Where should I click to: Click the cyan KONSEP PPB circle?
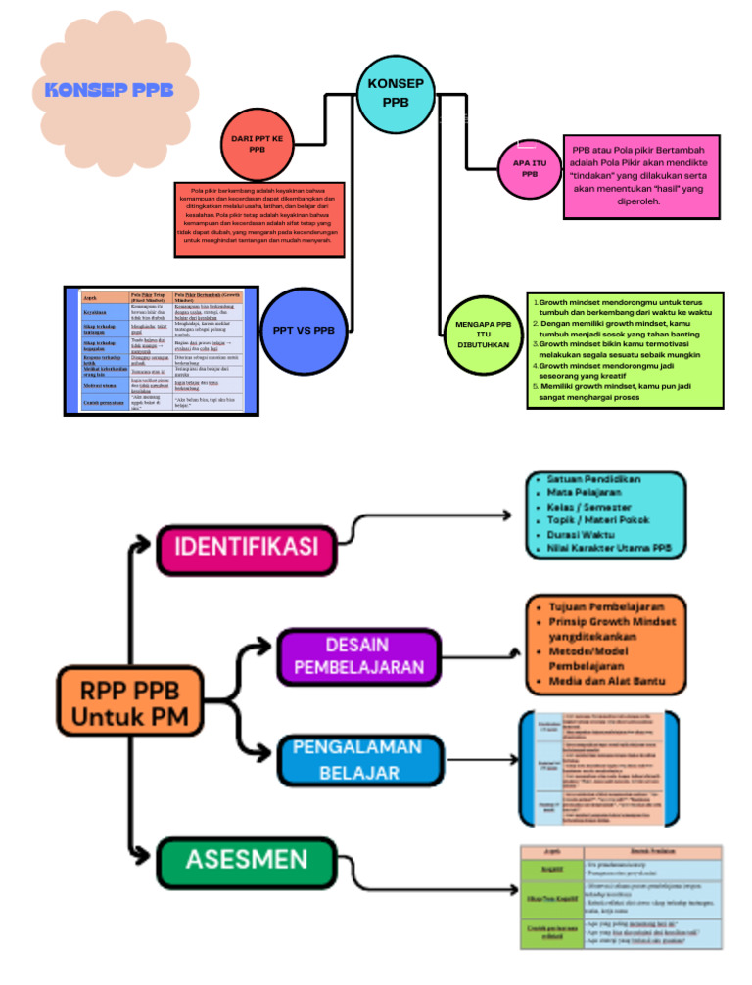tap(396, 93)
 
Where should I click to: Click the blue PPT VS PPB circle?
tap(303, 330)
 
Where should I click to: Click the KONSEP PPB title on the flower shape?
tap(109, 90)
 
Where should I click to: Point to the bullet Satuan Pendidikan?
tap(593, 480)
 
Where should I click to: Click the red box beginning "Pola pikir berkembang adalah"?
tap(258, 219)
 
